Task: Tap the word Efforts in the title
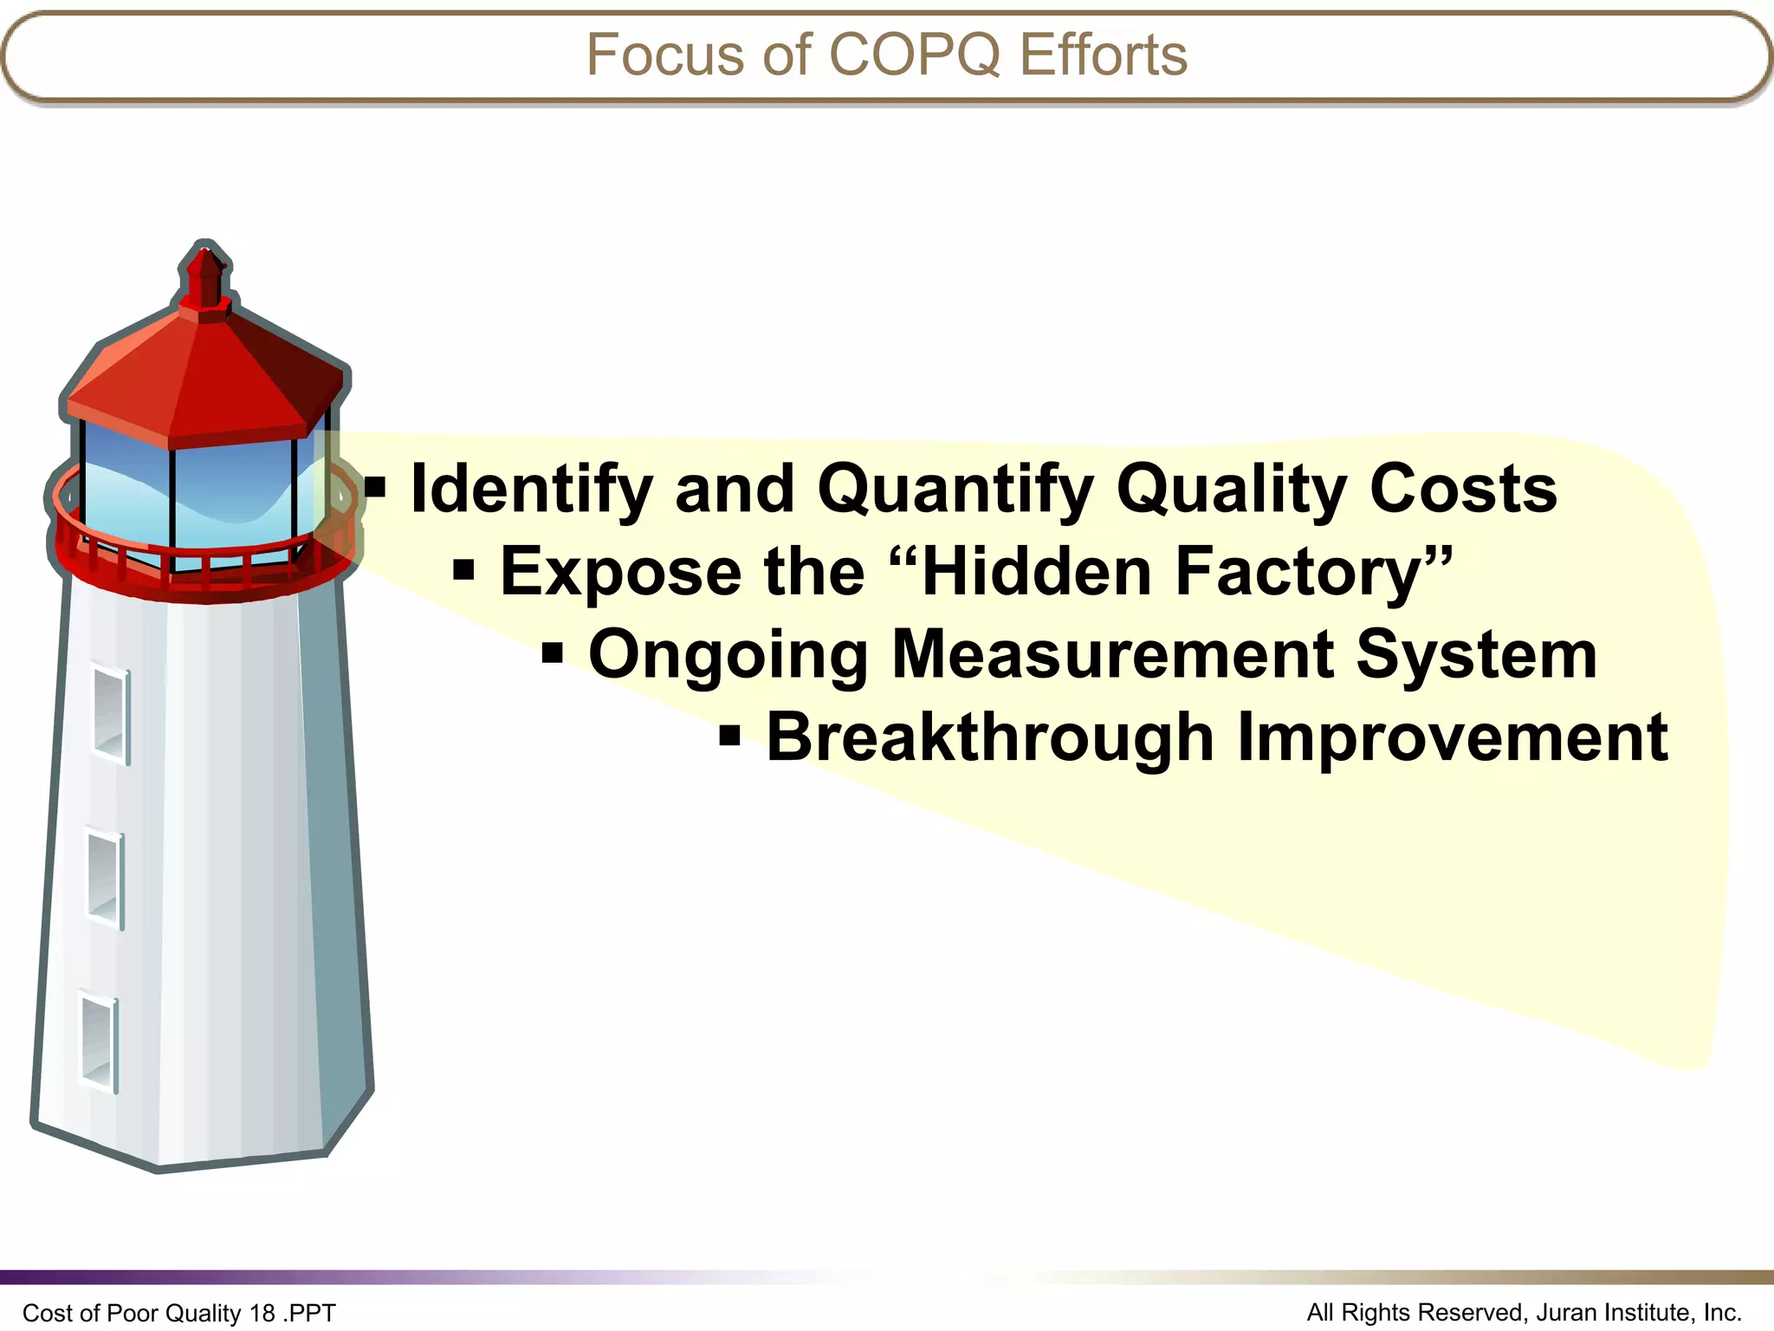pos(1103,55)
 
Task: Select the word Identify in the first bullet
pos(531,490)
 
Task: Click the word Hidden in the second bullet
pos(1035,572)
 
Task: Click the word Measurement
pos(1111,654)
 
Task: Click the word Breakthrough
pos(990,738)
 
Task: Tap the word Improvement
pos(1452,738)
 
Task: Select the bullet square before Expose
pos(464,570)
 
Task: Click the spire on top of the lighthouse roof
pos(205,277)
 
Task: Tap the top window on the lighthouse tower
pos(112,715)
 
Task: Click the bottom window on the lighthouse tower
pos(100,1043)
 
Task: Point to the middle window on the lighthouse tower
pos(106,879)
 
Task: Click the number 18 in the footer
pos(262,1313)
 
